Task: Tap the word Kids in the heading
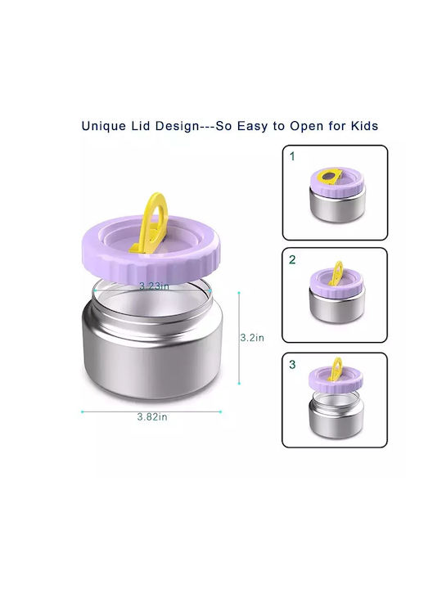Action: click(364, 125)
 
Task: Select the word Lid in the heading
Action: click(141, 125)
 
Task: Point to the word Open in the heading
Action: click(306, 126)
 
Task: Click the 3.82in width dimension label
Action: click(152, 416)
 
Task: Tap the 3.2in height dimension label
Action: click(252, 338)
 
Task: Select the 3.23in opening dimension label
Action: click(154, 286)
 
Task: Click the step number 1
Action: click(292, 156)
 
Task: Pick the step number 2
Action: click(292, 259)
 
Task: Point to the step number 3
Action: click(292, 364)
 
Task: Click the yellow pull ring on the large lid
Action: click(148, 223)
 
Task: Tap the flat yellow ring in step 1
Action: click(331, 177)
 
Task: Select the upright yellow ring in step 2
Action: click(336, 273)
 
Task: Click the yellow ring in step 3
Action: click(336, 370)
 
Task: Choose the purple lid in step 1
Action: click(337, 183)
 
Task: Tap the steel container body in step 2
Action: click(336, 308)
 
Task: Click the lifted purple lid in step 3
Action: click(336, 378)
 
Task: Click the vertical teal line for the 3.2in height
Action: click(239, 338)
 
